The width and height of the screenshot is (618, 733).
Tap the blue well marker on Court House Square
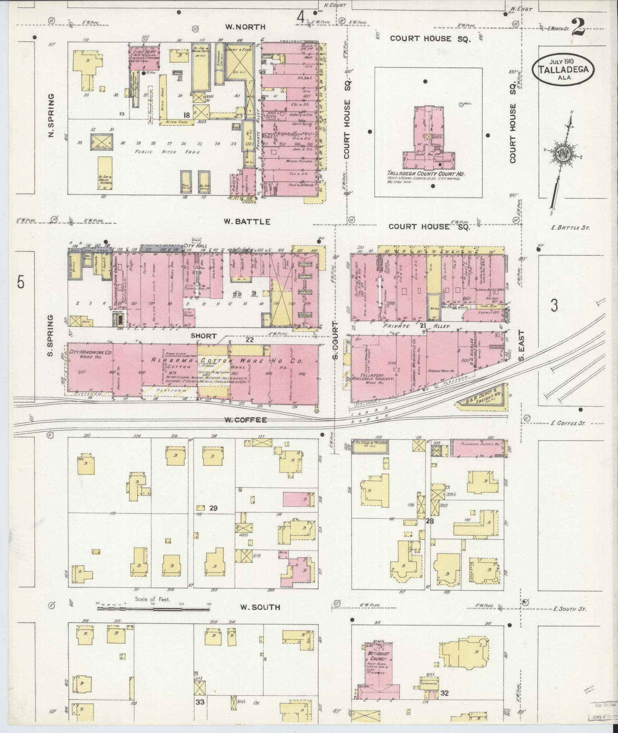click(461, 104)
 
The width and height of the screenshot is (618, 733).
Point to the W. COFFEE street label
click(245, 420)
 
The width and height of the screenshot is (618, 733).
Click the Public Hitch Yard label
click(156, 152)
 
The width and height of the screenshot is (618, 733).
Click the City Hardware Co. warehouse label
click(89, 354)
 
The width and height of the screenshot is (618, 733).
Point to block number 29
click(213, 508)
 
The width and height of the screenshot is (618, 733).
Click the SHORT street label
click(204, 336)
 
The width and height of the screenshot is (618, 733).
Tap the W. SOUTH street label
click(260, 607)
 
